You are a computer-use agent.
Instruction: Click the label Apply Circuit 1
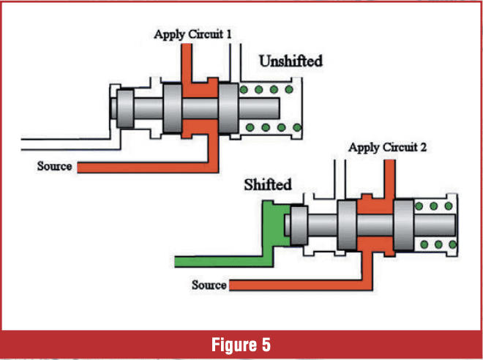[x=193, y=34]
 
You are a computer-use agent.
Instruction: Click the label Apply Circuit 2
[x=387, y=148]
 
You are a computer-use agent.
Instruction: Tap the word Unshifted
[x=291, y=61]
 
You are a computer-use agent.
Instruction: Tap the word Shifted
[x=269, y=184]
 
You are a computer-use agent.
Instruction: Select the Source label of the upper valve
[x=55, y=166]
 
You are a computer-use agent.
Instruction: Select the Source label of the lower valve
[x=209, y=284]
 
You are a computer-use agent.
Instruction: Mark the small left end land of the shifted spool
[x=297, y=224]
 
